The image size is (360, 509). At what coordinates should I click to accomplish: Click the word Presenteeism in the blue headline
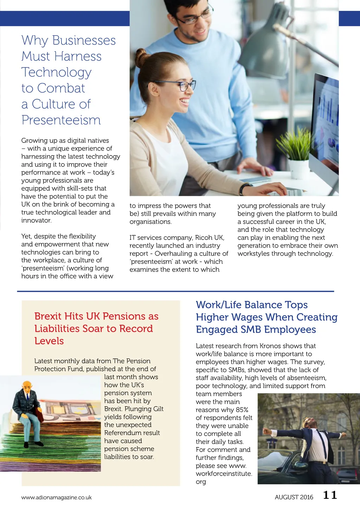click(61, 120)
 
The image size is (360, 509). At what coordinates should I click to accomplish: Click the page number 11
click(330, 495)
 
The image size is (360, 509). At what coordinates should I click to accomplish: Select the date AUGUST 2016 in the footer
click(294, 497)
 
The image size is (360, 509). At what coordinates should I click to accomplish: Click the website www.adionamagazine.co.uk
click(56, 497)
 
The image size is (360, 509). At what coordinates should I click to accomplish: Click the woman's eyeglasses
click(182, 85)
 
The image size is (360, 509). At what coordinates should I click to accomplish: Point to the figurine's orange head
click(27, 386)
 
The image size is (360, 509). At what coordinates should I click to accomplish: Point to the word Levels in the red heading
click(49, 341)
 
